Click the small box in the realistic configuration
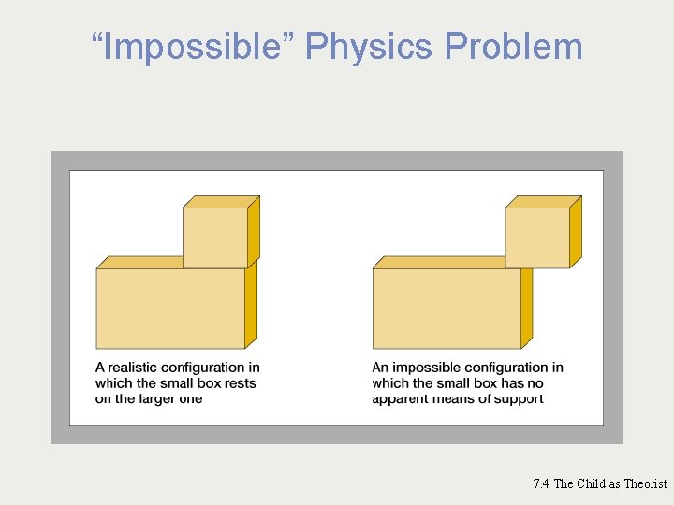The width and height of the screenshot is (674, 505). click(215, 238)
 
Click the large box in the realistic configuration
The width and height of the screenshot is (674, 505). click(169, 309)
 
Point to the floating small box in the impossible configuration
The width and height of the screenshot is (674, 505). click(537, 238)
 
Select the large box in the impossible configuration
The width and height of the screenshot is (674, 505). click(447, 309)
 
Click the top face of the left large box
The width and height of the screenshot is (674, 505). click(140, 262)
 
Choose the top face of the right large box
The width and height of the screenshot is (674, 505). click(438, 262)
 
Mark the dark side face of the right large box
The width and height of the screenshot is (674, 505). click(526, 307)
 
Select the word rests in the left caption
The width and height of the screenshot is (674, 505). click(238, 383)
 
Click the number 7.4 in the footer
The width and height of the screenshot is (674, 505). click(541, 483)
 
